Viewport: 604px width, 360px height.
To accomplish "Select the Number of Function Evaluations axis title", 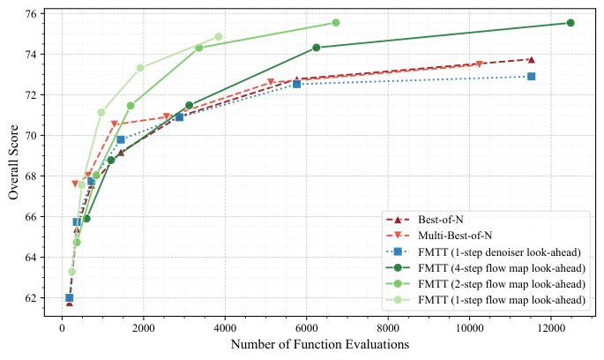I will coord(319,345).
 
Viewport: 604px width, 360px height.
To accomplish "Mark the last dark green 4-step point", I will coord(570,23).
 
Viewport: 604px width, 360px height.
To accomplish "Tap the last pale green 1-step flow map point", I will coord(219,37).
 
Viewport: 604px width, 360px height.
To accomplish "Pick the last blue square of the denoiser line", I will coord(531,77).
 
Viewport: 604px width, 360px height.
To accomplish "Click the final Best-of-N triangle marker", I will coord(531,59).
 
